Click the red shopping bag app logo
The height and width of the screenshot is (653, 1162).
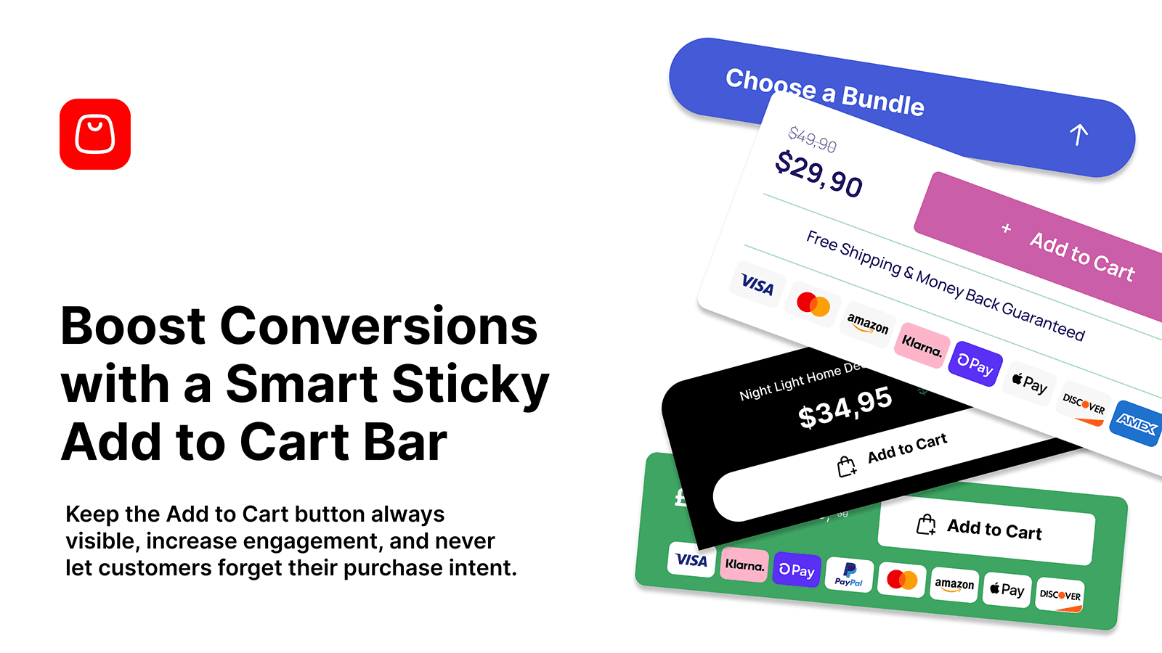click(95, 134)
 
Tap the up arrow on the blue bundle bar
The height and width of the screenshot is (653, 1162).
click(1078, 134)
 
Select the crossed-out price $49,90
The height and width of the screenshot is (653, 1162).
click(813, 140)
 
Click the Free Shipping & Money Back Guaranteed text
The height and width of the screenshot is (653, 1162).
click(945, 285)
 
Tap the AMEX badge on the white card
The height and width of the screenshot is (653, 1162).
click(1136, 423)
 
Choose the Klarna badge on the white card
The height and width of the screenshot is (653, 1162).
click(922, 345)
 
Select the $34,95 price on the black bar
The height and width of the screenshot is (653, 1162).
click(845, 408)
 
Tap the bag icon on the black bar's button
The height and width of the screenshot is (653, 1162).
click(846, 467)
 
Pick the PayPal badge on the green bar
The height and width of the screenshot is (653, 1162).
click(849, 575)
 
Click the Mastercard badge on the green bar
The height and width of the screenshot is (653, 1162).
click(902, 580)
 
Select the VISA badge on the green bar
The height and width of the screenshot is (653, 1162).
click(691, 559)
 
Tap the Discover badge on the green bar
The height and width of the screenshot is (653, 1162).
click(1060, 595)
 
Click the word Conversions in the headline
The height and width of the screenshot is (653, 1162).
click(378, 326)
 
